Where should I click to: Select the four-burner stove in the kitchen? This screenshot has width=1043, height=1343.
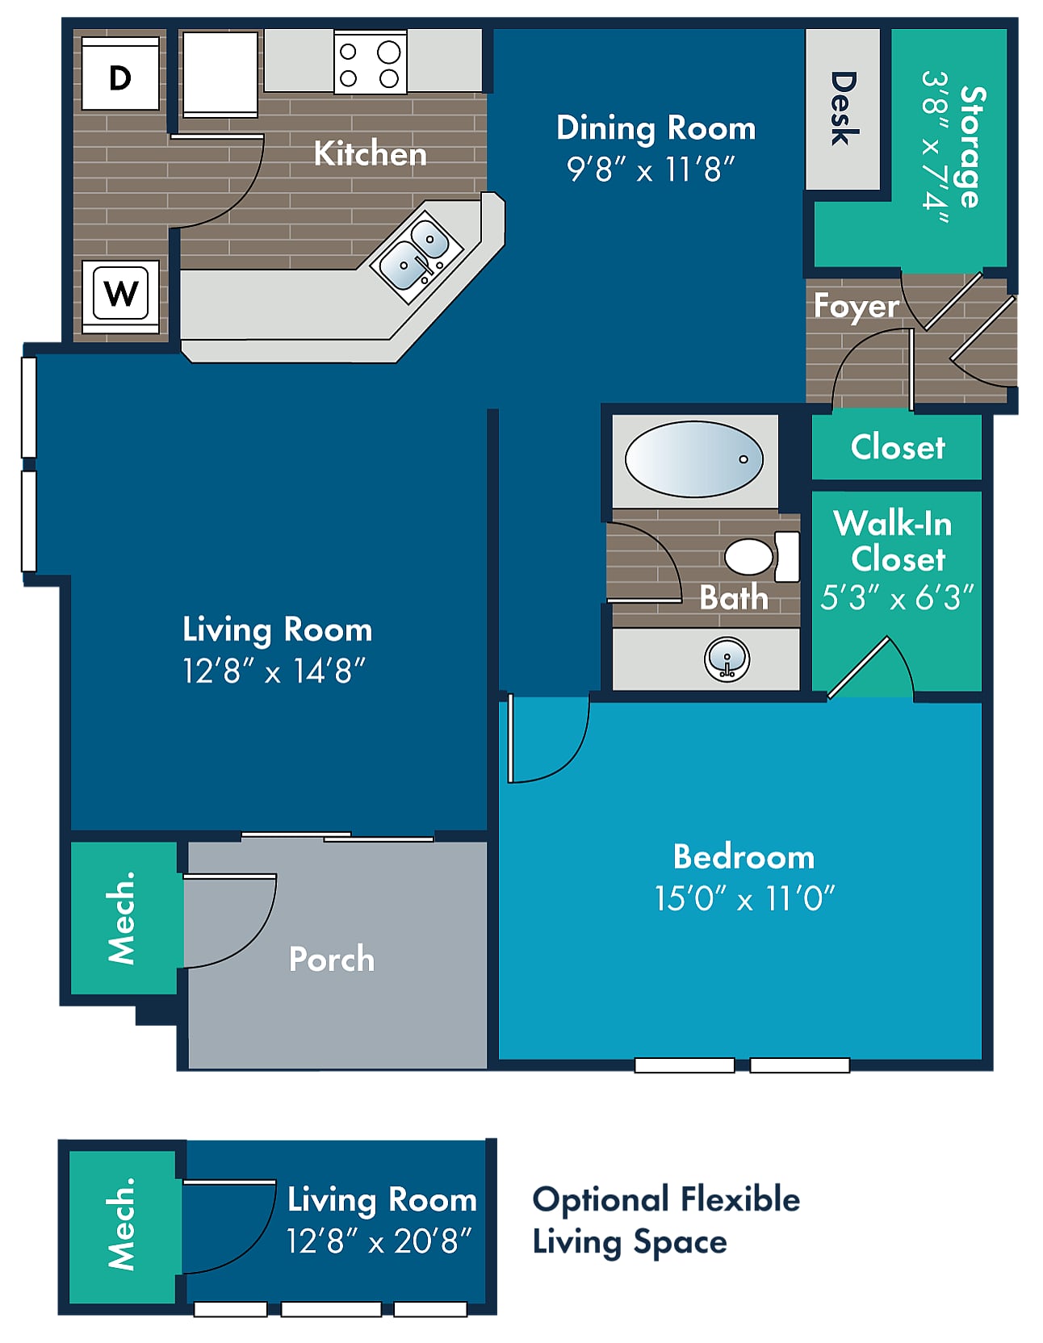coord(371,62)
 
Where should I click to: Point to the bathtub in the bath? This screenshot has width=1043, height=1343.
coord(694,459)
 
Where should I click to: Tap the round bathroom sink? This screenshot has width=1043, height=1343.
coord(727,659)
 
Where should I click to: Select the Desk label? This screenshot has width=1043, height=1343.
coord(843,109)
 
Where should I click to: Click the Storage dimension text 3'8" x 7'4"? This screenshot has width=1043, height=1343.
coord(935,141)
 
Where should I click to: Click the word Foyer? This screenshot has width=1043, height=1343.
coord(856,307)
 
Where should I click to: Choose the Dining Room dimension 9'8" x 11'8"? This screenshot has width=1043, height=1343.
coord(651,169)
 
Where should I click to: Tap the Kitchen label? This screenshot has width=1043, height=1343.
coord(370,153)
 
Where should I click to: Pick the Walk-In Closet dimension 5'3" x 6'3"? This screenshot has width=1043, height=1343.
coord(897,598)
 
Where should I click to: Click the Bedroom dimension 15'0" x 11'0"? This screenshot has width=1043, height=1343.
coord(744,898)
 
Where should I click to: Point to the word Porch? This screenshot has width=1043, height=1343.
coord(332,959)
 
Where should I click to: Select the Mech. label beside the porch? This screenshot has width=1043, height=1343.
coord(122,918)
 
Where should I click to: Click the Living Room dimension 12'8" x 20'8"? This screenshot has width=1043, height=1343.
coord(379,1241)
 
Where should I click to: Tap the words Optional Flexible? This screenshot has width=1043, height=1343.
coord(666,1200)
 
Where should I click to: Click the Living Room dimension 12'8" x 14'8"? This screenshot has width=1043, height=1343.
coord(274,671)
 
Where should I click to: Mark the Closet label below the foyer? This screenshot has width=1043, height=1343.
coord(898,446)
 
